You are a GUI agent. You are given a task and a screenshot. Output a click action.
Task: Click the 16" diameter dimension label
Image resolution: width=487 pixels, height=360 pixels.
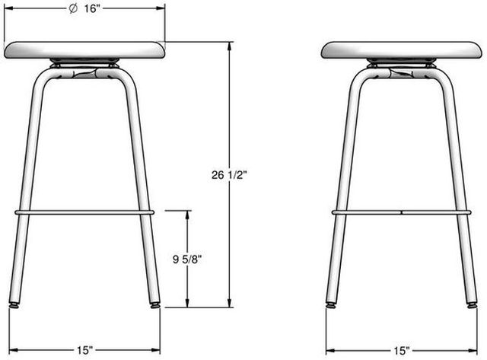pos(84,8)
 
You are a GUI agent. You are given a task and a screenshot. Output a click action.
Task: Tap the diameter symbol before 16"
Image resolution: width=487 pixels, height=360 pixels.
pos(73,8)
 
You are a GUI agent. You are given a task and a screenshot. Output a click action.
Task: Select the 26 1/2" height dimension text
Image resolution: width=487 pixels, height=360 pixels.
pos(229,175)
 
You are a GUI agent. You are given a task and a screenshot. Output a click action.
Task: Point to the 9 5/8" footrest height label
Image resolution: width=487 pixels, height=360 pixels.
pos(187,259)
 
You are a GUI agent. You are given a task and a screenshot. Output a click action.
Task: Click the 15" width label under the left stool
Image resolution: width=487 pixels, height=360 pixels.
pos(84,350)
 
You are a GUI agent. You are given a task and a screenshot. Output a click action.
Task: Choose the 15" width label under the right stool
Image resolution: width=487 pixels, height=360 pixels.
pos(402,351)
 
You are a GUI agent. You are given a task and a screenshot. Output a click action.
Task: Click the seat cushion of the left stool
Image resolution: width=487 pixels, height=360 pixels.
pos(84,49)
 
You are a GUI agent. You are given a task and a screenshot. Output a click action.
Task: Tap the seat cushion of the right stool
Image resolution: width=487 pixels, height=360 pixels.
pos(402,49)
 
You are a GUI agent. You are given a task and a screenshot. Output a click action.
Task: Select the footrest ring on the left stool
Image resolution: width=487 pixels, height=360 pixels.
pos(84,212)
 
